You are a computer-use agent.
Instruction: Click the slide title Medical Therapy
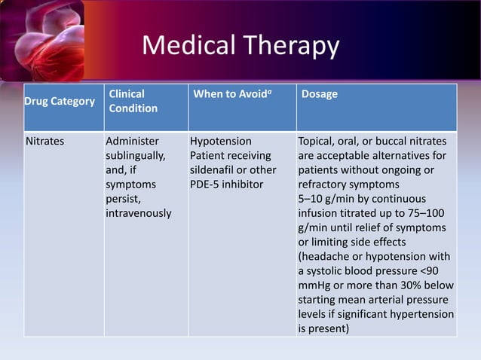(x=240, y=46)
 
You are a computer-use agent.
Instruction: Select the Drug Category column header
(x=60, y=102)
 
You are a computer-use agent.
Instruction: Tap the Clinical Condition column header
(x=133, y=102)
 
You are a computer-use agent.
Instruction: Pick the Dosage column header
(x=319, y=95)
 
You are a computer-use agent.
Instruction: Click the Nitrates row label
(x=45, y=142)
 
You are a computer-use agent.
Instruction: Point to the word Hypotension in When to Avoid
(x=221, y=142)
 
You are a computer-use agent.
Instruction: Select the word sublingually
(x=136, y=156)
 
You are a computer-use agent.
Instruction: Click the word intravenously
(x=139, y=213)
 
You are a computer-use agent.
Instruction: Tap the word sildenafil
(x=215, y=170)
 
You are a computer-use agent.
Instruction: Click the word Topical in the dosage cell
(x=317, y=142)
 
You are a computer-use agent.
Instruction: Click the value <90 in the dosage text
(x=443, y=270)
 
